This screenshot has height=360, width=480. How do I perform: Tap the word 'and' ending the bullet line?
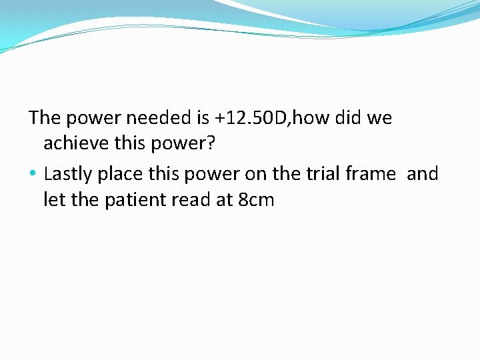[423, 174]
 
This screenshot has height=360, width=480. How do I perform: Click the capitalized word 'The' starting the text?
[45, 119]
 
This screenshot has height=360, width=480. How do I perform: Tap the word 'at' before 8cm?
[223, 200]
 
